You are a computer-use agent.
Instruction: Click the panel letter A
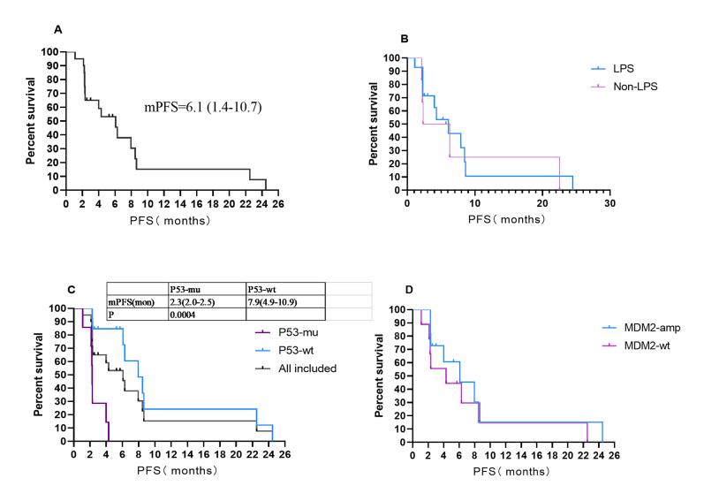(58, 29)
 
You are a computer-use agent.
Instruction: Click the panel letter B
(404, 39)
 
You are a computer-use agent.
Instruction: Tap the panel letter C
(58, 289)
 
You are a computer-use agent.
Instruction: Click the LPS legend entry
(623, 67)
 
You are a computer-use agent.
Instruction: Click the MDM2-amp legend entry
(633, 326)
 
